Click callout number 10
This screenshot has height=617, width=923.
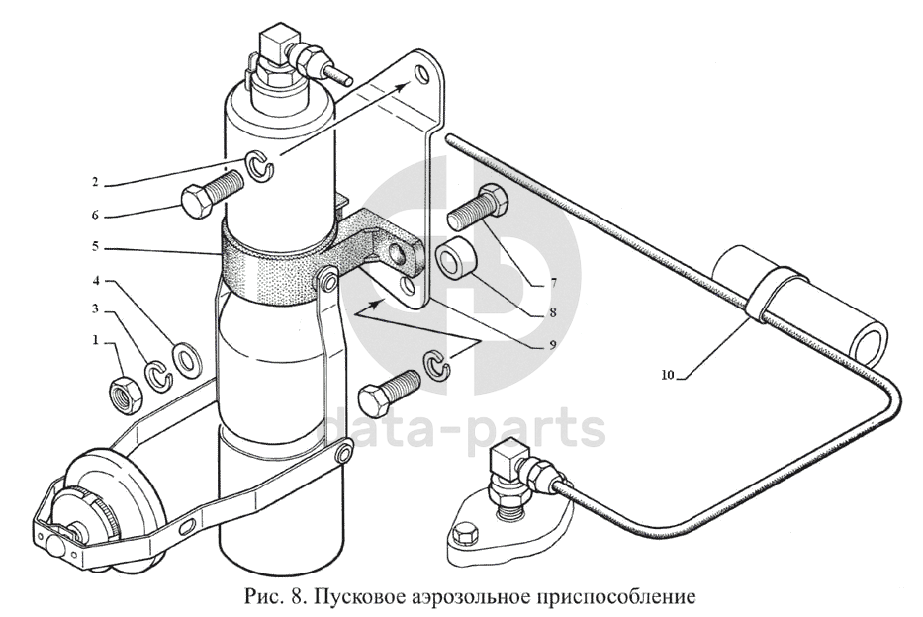pos(670,375)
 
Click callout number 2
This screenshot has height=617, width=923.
pos(95,182)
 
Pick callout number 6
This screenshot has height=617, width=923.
pos(95,213)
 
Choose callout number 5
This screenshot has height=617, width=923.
pos(95,247)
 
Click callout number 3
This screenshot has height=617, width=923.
pos(95,311)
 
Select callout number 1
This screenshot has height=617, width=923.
pos(95,340)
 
